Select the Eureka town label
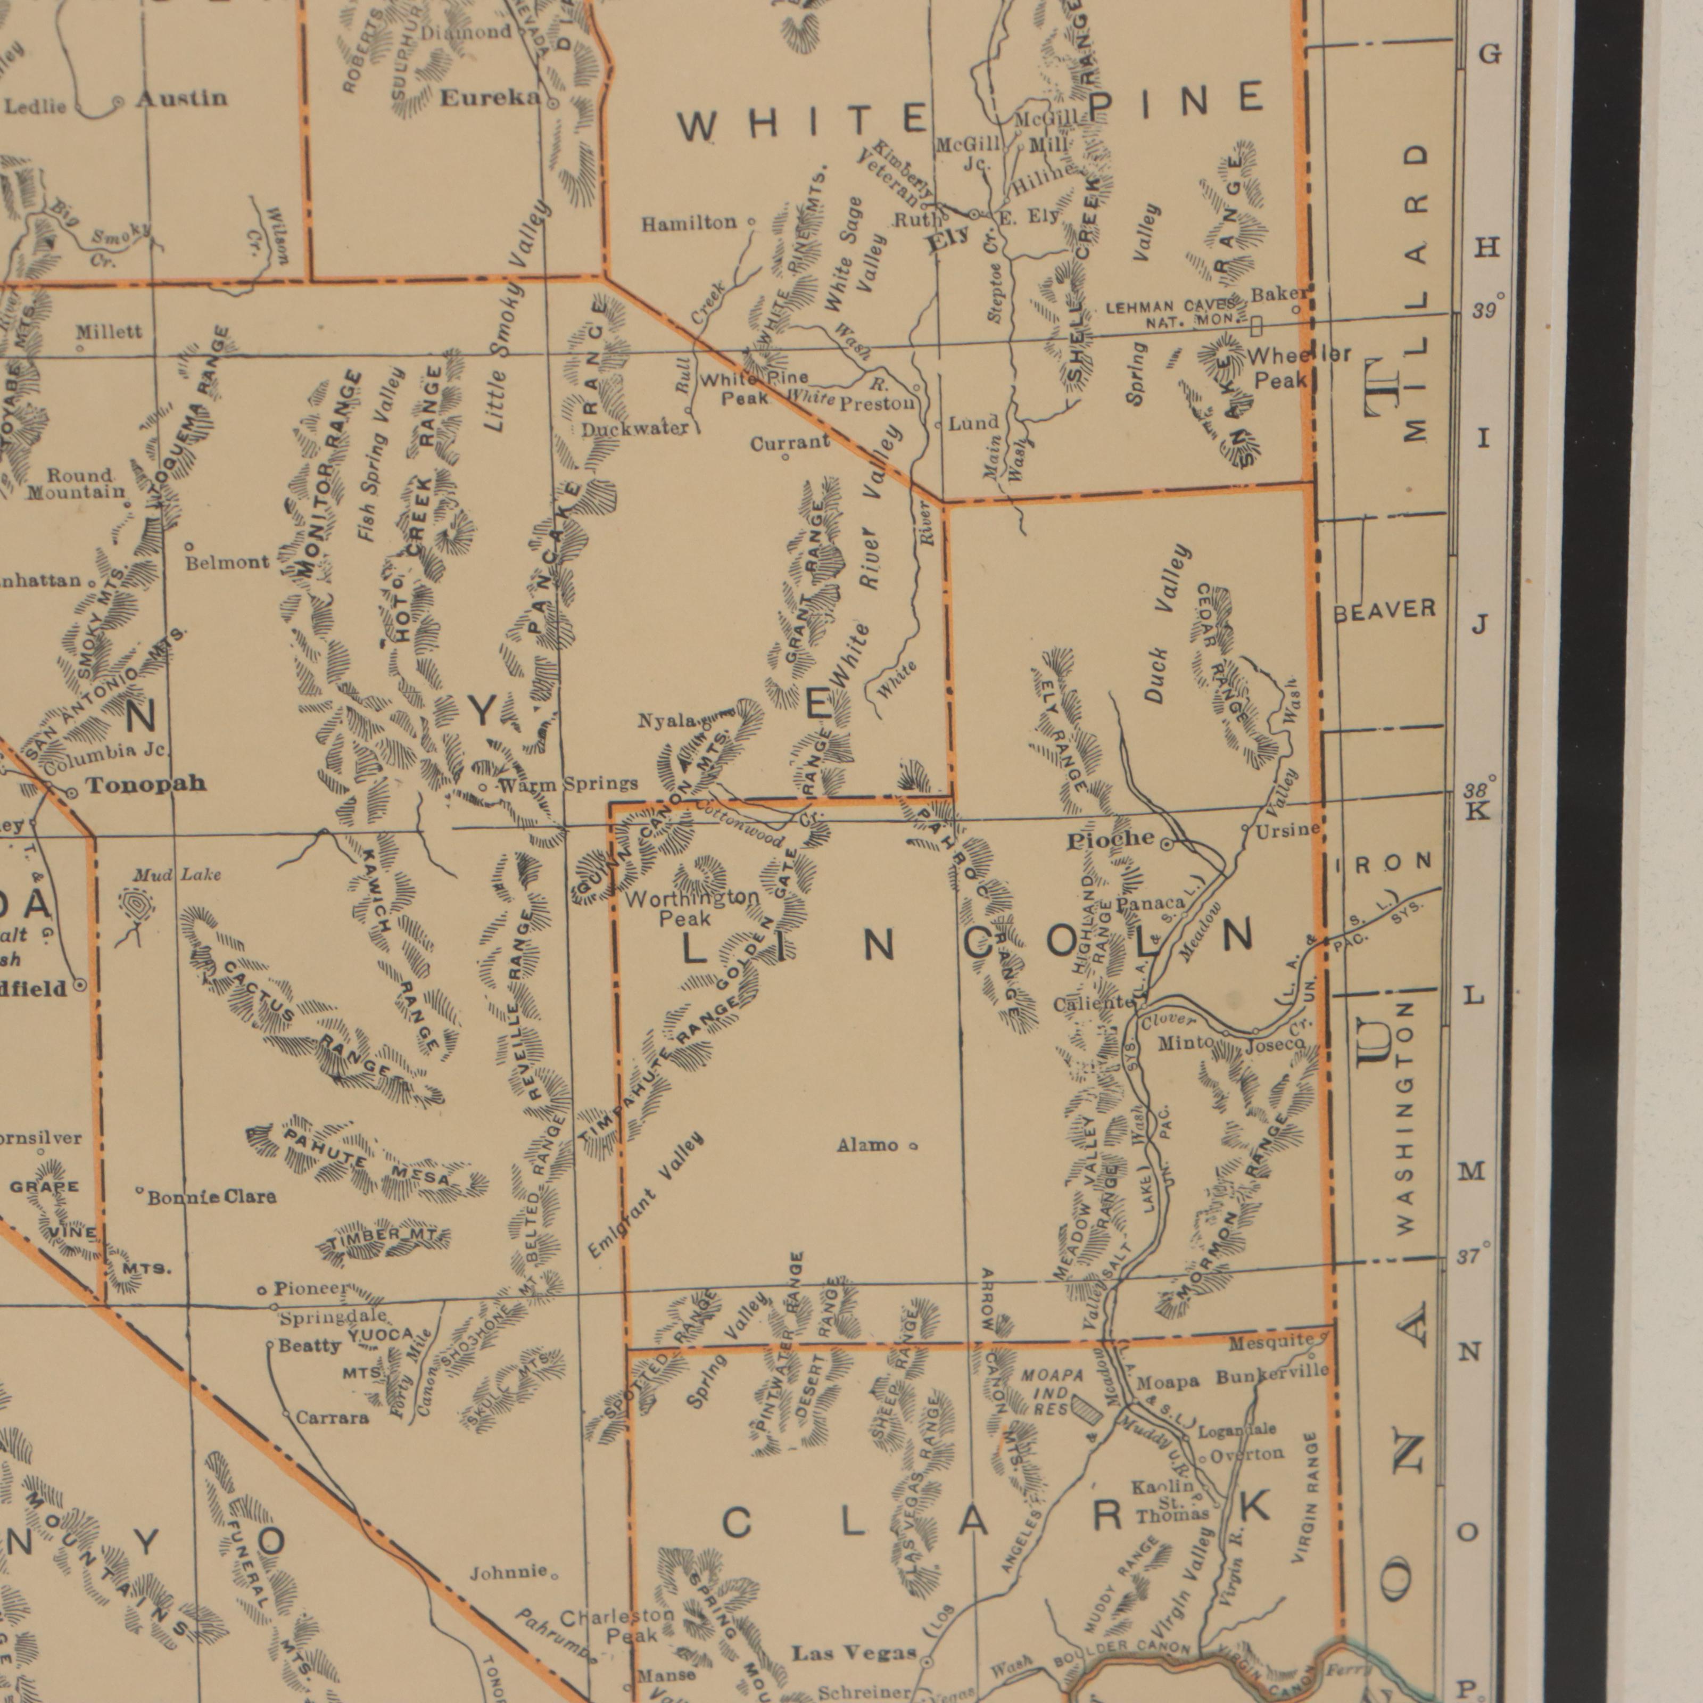[x=489, y=100]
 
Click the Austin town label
[x=181, y=98]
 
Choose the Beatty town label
[x=309, y=1346]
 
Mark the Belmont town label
[x=227, y=561]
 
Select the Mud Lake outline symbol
[x=137, y=908]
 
